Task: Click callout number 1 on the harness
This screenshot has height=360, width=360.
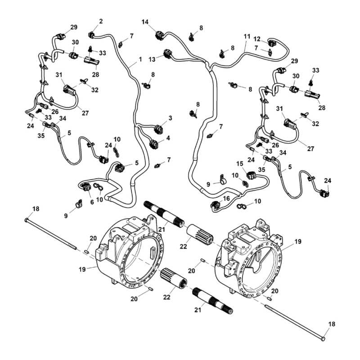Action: coord(140,59)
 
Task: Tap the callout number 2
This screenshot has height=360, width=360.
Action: coord(100,21)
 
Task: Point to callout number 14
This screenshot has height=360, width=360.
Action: coord(145,22)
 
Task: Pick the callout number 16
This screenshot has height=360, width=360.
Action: coord(226,198)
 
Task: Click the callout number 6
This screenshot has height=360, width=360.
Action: coord(92,202)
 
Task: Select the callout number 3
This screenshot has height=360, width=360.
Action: coord(170,118)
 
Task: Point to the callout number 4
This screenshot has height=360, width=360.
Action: coord(168,138)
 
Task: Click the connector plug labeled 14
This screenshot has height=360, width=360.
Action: coord(160,34)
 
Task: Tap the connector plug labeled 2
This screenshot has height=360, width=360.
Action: coord(92,34)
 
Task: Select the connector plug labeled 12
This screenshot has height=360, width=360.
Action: coord(273,43)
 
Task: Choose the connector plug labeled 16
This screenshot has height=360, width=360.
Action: coord(216,207)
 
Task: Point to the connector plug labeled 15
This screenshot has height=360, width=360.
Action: coord(251,175)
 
